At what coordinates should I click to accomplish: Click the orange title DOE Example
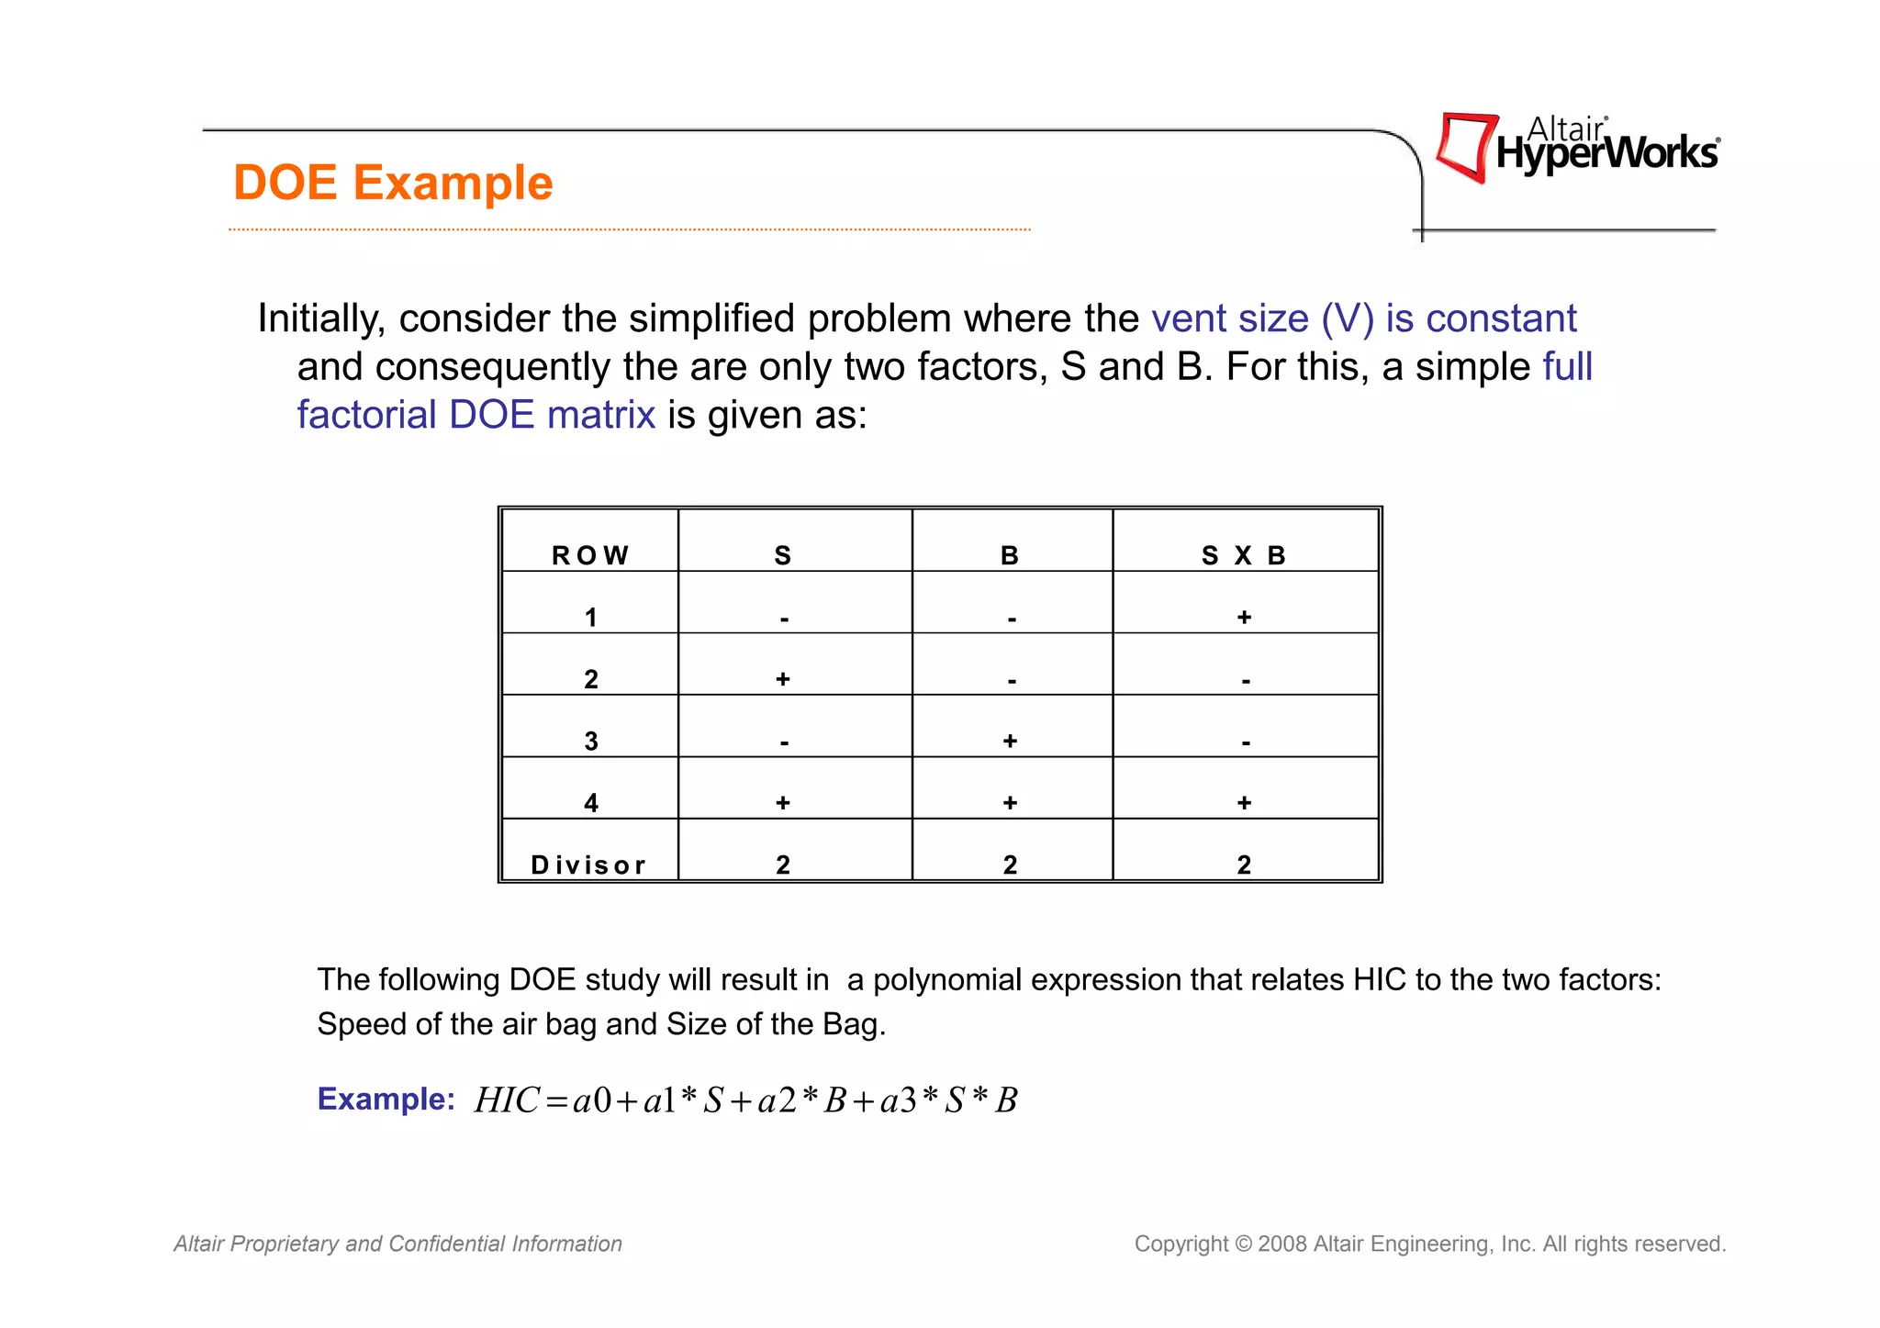pos(393,183)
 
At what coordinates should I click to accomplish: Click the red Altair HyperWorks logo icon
pos(1465,147)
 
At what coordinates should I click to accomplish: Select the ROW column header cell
pos(590,555)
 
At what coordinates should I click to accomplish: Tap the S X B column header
pos(1244,555)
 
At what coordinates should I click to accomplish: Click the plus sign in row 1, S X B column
pos(1244,617)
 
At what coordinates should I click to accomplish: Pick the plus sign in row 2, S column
pos(783,679)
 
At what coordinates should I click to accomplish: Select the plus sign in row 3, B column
pos(1010,741)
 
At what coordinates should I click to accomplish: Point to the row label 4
pos(591,803)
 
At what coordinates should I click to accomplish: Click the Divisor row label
pos(588,865)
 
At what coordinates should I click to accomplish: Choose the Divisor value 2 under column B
pos(1010,865)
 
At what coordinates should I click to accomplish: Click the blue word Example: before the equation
pos(386,1099)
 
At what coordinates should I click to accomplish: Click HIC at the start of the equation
pos(506,1099)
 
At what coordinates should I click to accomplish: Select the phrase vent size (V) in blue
pos(1262,318)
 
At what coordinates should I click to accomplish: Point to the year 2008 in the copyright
pos(1282,1244)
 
